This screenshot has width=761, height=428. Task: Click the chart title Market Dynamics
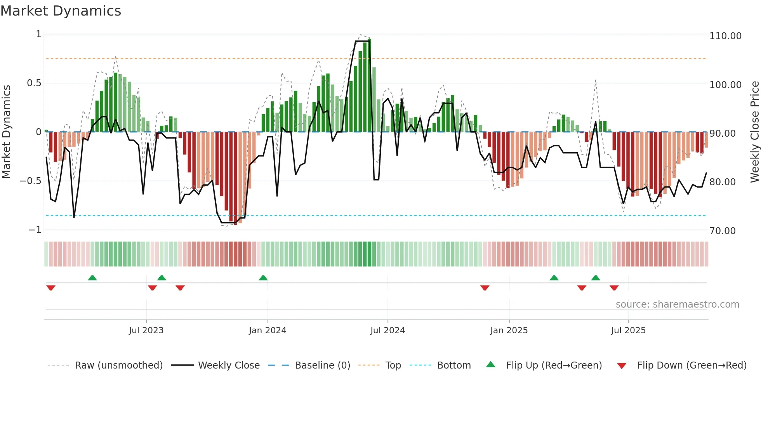tap(61, 11)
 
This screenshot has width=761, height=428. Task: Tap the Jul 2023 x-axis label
tap(146, 331)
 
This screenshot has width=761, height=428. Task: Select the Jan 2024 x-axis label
tap(268, 331)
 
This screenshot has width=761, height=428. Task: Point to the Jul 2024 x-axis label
tap(387, 331)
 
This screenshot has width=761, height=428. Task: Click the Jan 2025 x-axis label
tap(509, 331)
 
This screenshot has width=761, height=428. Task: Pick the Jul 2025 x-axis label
tap(628, 331)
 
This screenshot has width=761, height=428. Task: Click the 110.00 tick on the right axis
tap(725, 36)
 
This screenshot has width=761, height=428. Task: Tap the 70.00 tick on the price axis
tap(722, 231)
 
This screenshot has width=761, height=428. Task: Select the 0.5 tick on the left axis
tap(34, 83)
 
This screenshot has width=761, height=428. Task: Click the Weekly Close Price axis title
tap(754, 132)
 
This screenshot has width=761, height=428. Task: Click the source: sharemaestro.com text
tap(677, 304)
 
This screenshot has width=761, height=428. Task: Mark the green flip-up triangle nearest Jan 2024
tap(263, 278)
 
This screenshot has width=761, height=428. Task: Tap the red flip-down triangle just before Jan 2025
tap(485, 288)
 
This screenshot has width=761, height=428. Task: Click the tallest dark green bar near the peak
tap(369, 85)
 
